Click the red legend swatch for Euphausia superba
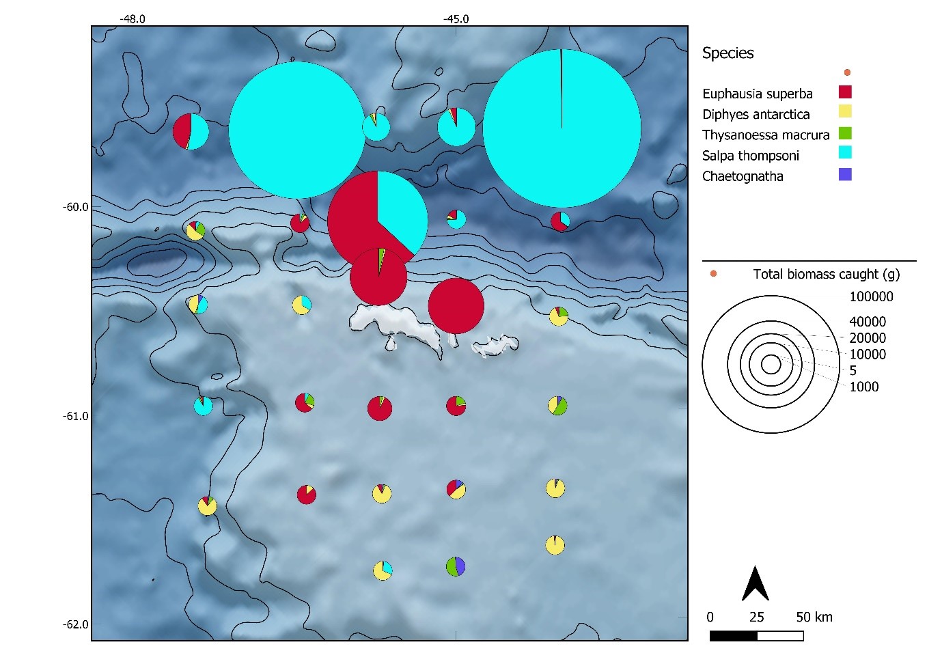click(845, 92)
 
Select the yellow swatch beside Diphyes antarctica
click(845, 111)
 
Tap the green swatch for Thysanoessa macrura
click(845, 133)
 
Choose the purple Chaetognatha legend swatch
click(845, 174)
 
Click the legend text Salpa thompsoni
click(750, 156)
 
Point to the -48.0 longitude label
click(133, 19)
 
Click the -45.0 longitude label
click(456, 19)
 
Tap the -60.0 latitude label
click(75, 207)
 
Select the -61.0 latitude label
click(75, 416)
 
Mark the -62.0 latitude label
click(75, 624)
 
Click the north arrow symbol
click(756, 584)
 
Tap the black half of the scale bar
click(733, 636)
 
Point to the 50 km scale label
click(814, 618)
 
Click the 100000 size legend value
click(871, 296)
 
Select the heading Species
click(728, 53)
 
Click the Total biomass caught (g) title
click(826, 274)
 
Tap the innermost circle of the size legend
click(771, 365)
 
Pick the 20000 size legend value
click(867, 338)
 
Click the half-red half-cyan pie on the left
click(191, 131)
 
